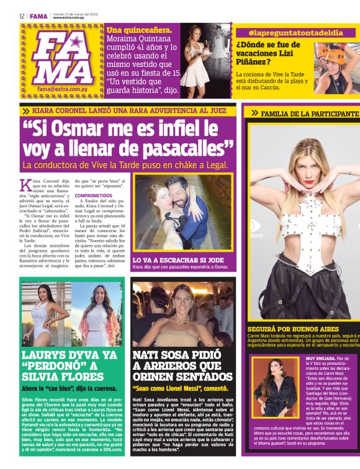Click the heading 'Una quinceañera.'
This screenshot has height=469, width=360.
tap(137, 30)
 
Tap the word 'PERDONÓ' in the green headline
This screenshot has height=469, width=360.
tap(47, 365)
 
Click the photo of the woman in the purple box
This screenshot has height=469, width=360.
tap(276, 388)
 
